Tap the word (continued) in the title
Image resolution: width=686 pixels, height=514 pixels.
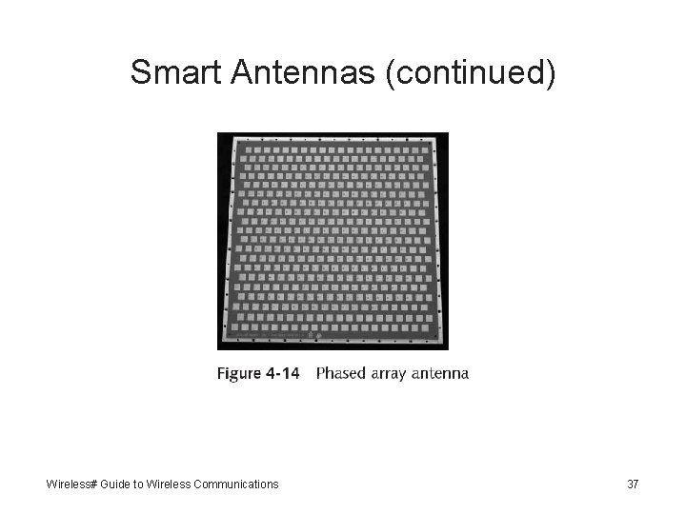tap(470, 72)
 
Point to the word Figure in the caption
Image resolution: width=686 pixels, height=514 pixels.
tap(239, 373)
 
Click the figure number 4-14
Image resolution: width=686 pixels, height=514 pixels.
tap(282, 373)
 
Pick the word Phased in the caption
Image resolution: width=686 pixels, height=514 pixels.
tap(342, 373)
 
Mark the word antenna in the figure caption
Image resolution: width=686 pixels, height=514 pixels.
tap(440, 373)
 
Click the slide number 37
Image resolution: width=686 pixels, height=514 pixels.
tap(633, 484)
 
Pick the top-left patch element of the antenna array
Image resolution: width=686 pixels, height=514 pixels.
tap(241, 149)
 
